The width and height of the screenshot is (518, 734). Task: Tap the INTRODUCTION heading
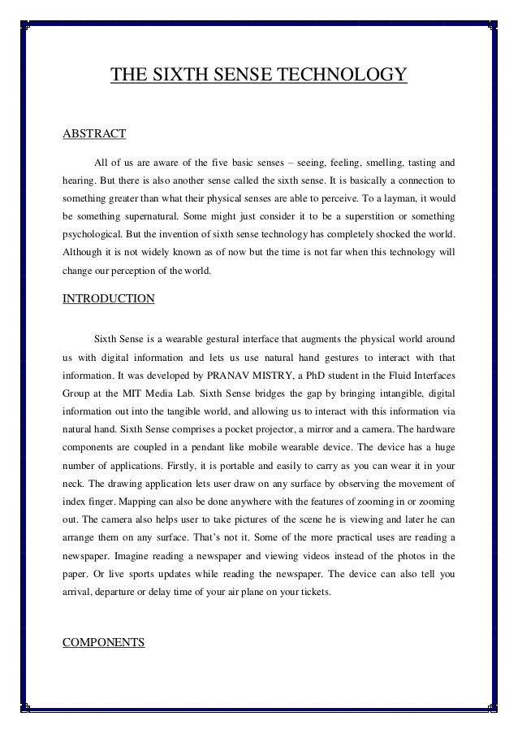coord(108,298)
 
